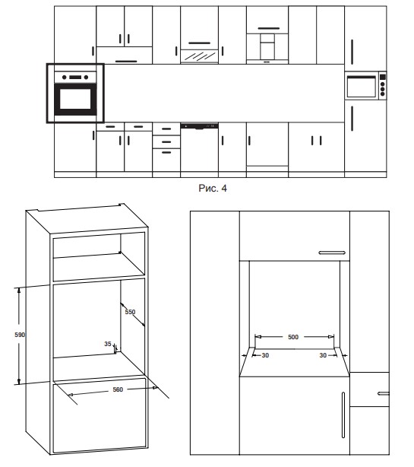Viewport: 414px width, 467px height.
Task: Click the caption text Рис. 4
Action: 213,188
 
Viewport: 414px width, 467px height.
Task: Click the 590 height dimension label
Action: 20,335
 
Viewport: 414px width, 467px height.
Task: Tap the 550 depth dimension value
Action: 130,312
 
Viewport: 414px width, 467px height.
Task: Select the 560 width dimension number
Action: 118,389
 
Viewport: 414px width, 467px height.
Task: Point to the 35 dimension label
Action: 108,344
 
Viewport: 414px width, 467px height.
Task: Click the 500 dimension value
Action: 293,337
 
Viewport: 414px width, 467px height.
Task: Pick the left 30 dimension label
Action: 265,355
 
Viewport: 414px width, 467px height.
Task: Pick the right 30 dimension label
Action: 323,355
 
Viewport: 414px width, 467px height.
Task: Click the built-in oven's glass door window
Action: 75,99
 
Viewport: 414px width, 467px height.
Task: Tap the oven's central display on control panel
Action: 75,78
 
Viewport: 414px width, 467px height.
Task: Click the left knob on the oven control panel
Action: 65,78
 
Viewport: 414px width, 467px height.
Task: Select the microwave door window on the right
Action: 362,87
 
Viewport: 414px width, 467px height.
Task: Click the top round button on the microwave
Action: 382,84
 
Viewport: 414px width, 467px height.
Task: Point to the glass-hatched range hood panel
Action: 199,56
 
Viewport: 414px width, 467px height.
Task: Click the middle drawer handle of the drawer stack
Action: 166,141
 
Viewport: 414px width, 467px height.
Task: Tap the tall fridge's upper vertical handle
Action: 352,52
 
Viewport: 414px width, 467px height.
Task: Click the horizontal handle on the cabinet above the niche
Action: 332,253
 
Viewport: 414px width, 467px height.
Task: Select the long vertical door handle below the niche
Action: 343,415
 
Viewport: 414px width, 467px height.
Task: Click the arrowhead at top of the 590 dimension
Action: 19,291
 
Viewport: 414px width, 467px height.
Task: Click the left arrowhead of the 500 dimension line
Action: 258,337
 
